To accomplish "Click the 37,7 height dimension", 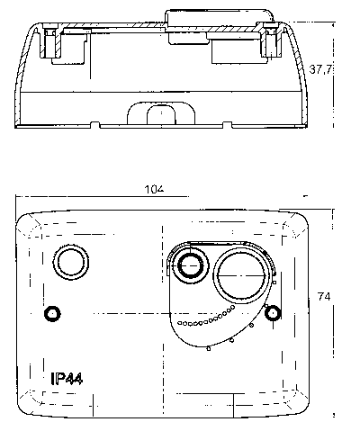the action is (320, 70).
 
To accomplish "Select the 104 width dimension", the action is (154, 189).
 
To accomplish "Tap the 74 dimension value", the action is (324, 297).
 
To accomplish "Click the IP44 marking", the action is (67, 379).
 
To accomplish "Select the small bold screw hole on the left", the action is (52, 314).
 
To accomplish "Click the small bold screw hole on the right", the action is (273, 313).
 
